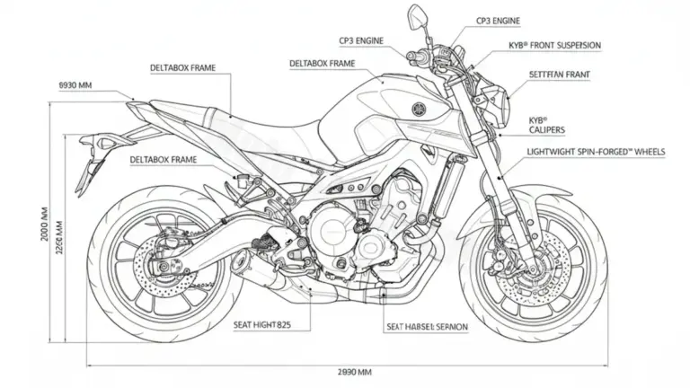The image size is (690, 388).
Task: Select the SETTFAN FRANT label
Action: tap(560, 77)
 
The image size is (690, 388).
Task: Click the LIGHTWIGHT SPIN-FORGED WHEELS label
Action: tap(596, 153)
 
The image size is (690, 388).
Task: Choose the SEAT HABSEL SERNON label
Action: tap(427, 327)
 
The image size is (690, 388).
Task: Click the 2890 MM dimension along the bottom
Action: tap(354, 371)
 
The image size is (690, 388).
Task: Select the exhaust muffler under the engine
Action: tap(261, 269)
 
